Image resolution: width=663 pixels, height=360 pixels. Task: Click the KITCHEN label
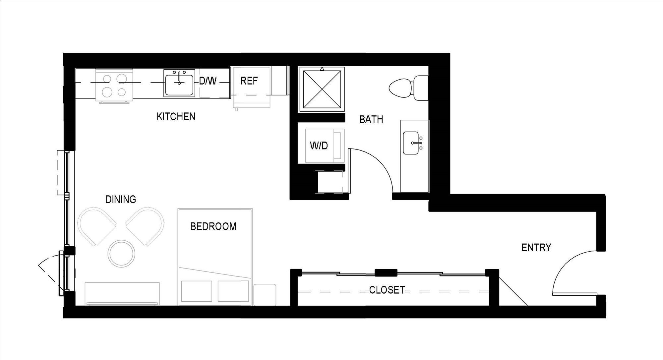click(176, 116)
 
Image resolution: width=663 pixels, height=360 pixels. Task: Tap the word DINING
click(120, 199)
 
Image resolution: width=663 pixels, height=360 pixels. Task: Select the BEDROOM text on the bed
click(213, 226)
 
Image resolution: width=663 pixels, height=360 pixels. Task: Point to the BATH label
click(371, 119)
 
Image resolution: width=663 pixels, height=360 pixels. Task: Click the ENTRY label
click(536, 248)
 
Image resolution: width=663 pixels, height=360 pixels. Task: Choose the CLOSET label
click(387, 290)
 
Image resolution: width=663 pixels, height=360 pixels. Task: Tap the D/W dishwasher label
click(208, 81)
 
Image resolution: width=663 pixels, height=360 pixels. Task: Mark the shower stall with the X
click(322, 89)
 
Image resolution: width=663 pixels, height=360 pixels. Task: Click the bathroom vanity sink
click(411, 143)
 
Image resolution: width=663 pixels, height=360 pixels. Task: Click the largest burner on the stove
click(122, 79)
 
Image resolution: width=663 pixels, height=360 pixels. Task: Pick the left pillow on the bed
click(197, 291)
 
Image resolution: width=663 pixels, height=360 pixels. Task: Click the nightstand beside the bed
click(265, 294)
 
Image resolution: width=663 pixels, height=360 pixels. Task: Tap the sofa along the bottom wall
click(122, 293)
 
